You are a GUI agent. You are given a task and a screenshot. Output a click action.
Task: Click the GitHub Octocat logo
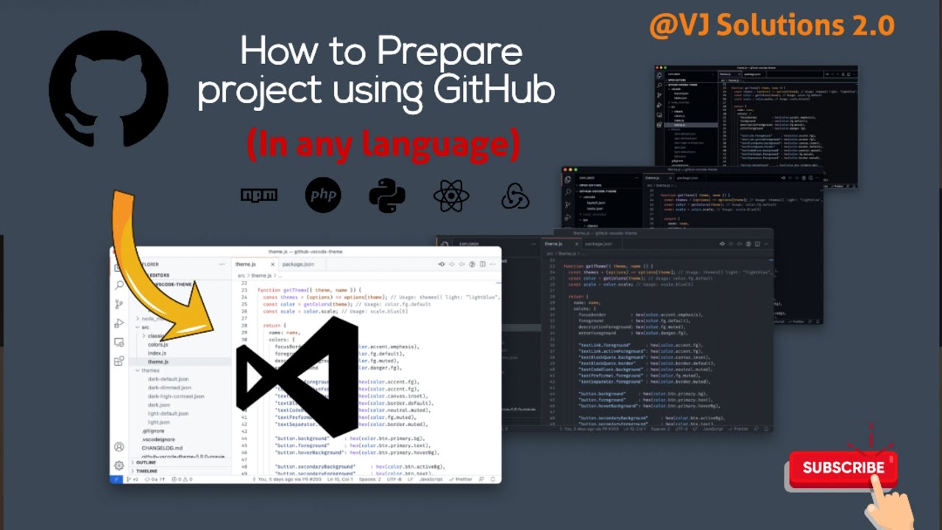[109, 88]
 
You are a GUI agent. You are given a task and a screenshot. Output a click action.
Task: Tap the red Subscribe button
[843, 468]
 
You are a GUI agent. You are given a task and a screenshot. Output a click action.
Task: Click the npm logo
[259, 195]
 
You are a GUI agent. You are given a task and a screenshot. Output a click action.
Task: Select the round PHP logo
[323, 195]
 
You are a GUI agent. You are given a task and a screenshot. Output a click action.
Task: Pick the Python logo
[387, 195]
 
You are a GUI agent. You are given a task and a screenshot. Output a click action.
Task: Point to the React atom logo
[451, 195]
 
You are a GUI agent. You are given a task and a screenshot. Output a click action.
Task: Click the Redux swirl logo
[515, 196]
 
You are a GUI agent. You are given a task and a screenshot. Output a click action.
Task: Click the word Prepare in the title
[450, 54]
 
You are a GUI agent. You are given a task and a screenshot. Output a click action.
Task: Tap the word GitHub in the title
[494, 90]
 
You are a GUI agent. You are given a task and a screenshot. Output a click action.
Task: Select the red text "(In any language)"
[383, 144]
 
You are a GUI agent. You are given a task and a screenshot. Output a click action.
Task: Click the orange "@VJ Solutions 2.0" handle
[771, 26]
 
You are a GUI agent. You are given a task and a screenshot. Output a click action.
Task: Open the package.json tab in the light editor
[298, 264]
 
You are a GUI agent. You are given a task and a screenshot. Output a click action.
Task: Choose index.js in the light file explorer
[157, 353]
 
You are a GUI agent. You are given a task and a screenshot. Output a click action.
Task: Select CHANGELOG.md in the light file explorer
[162, 448]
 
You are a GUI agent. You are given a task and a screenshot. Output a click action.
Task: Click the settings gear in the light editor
[118, 465]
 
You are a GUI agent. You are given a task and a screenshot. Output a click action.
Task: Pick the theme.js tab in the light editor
[246, 264]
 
